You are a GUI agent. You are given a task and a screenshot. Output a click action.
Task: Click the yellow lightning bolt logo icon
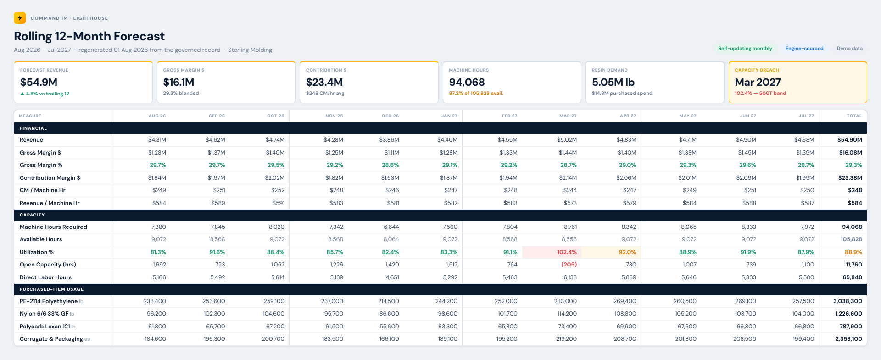pyautogui.click(x=20, y=18)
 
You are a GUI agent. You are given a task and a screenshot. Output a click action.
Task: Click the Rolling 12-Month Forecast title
pyautogui.click(x=89, y=36)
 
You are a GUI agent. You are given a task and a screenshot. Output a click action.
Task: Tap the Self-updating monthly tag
pyautogui.click(x=745, y=48)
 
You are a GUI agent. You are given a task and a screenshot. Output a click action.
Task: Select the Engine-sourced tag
pyautogui.click(x=804, y=48)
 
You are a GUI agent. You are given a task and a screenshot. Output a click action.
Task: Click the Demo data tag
pyautogui.click(x=849, y=48)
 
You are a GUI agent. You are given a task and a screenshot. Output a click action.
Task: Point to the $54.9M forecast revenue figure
pyautogui.click(x=39, y=82)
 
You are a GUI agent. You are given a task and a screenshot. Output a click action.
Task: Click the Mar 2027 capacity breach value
pyautogui.click(x=758, y=82)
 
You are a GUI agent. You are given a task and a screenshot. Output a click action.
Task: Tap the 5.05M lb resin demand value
pyautogui.click(x=613, y=82)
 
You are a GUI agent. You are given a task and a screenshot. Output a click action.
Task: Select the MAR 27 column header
pyautogui.click(x=568, y=116)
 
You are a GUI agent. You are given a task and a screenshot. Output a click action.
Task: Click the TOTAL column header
pyautogui.click(x=854, y=116)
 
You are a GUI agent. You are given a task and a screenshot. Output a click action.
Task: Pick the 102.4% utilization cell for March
pyautogui.click(x=567, y=252)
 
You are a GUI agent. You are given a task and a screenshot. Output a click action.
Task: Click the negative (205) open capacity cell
pyautogui.click(x=569, y=265)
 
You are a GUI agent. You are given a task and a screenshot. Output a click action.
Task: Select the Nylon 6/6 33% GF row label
pyautogui.click(x=44, y=314)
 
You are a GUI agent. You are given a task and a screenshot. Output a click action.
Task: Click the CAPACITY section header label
pyautogui.click(x=32, y=215)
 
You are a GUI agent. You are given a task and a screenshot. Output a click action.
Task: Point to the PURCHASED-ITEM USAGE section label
pyautogui.click(x=51, y=289)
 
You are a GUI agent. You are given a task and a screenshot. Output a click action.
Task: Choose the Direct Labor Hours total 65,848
pyautogui.click(x=852, y=277)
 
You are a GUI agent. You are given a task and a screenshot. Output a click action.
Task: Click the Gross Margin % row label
pyautogui.click(x=41, y=165)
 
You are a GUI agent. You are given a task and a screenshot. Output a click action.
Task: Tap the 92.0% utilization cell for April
pyautogui.click(x=627, y=252)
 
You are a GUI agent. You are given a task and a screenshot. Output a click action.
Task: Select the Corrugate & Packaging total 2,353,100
pyautogui.click(x=849, y=339)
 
